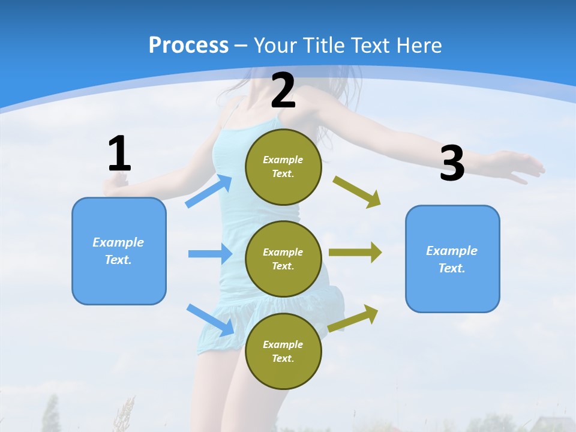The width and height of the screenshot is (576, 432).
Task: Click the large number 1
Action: [119, 154]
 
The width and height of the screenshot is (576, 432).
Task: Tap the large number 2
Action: [283, 91]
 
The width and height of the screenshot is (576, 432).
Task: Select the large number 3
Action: [452, 163]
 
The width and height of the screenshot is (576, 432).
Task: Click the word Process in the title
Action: [188, 45]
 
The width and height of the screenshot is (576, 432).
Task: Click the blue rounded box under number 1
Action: [119, 251]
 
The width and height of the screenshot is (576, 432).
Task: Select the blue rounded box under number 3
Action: [452, 259]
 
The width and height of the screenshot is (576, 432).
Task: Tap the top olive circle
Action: [283, 167]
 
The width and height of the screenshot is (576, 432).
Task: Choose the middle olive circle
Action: [283, 259]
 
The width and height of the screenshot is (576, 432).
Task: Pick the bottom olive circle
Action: [283, 351]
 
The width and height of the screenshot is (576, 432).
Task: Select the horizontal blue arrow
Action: [210, 254]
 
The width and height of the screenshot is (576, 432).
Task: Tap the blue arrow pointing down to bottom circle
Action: [211, 320]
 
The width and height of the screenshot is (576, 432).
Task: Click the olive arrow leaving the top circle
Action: [357, 192]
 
